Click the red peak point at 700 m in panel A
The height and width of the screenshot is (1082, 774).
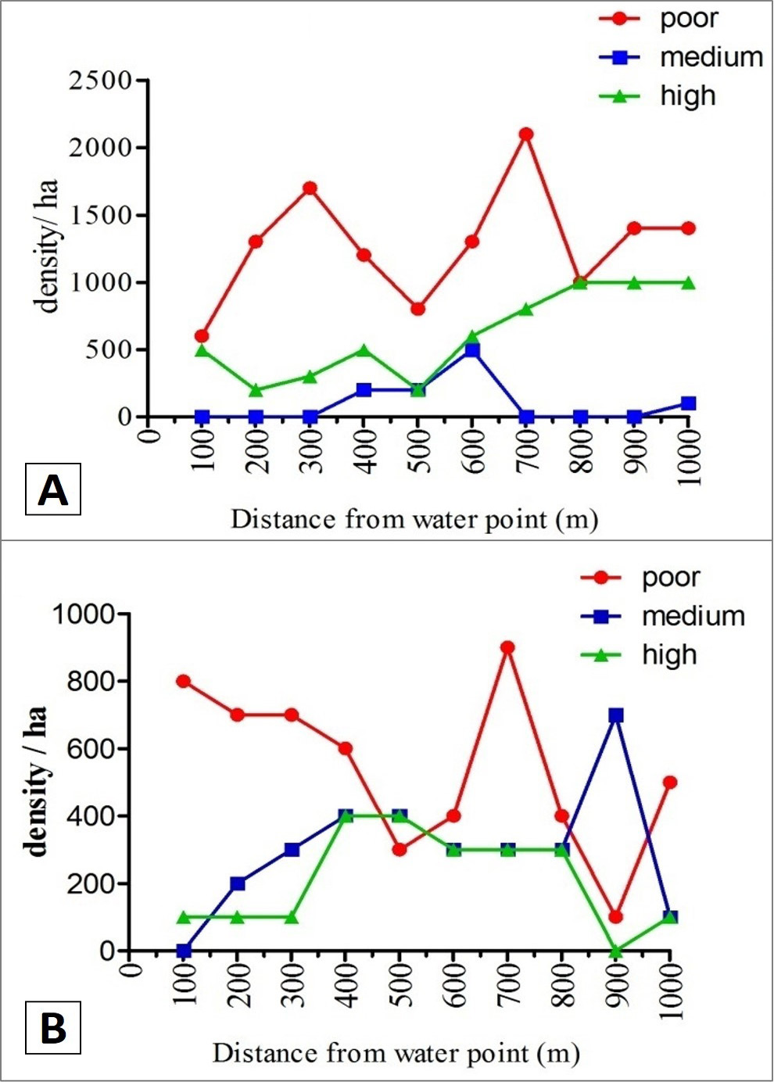tap(526, 134)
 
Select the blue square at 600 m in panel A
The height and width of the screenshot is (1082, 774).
tap(472, 349)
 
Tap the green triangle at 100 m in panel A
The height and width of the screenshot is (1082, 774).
tap(202, 349)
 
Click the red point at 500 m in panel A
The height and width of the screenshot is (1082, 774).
tap(418, 309)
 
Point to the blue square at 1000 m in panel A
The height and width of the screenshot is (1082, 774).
tap(688, 403)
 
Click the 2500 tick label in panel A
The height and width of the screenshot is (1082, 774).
tap(100, 81)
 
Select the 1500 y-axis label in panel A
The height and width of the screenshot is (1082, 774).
tap(100, 216)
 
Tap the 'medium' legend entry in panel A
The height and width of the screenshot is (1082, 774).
tap(680, 58)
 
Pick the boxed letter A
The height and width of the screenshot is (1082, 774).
tap(52, 489)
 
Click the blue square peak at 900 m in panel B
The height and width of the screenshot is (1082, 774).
tap(615, 715)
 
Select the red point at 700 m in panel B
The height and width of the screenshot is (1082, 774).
tap(507, 648)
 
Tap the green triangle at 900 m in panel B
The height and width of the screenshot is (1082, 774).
tap(615, 951)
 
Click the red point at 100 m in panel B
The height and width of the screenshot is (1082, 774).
tap(184, 682)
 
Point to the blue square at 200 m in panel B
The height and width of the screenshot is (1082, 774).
tap(238, 884)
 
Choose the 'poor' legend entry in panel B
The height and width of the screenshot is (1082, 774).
tap(640, 578)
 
